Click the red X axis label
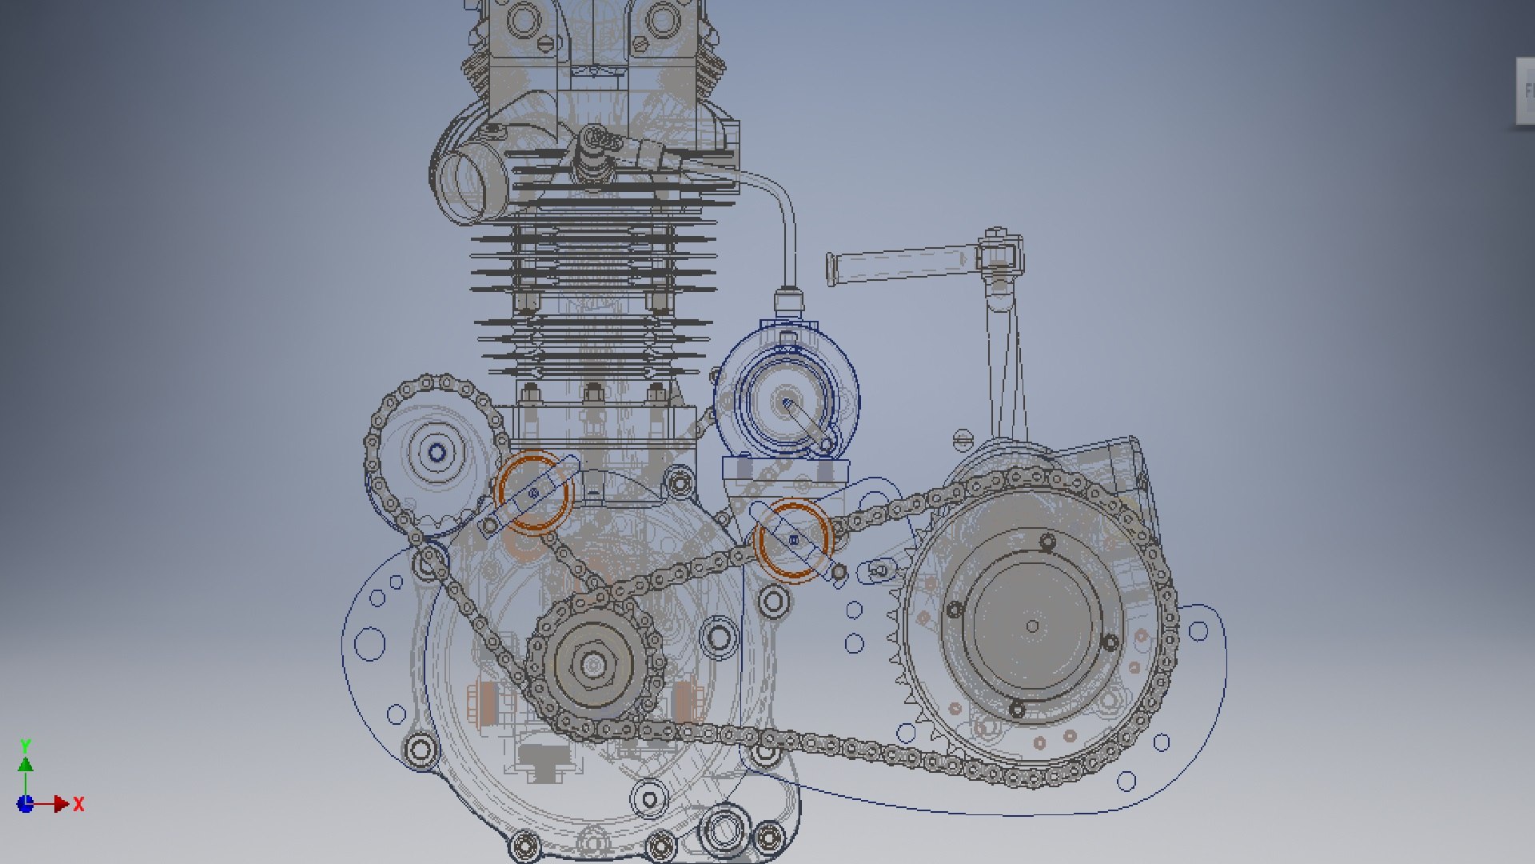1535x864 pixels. [x=78, y=804]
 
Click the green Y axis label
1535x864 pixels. [x=26, y=745]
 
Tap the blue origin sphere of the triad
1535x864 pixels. [x=26, y=804]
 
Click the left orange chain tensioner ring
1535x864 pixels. [x=533, y=491]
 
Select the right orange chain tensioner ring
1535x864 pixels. [x=793, y=539]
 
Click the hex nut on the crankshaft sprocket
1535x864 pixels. [x=593, y=664]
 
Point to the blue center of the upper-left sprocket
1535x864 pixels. [x=437, y=454]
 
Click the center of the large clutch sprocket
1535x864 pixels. [x=1032, y=626]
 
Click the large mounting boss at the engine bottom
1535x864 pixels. [x=724, y=830]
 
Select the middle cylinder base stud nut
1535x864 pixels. [x=593, y=393]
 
